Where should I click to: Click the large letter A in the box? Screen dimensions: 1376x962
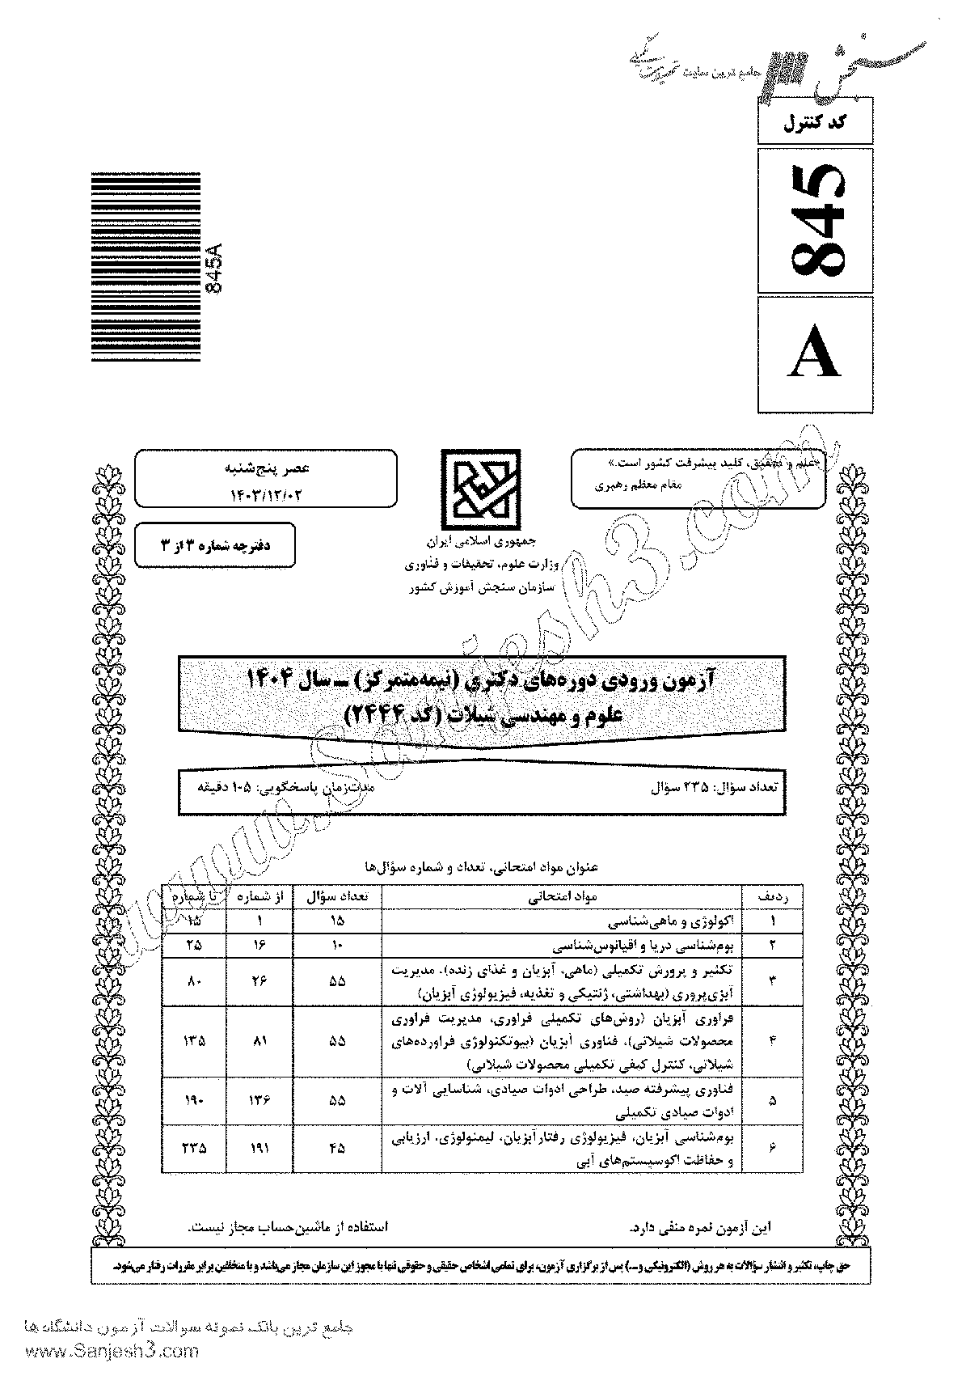[816, 354]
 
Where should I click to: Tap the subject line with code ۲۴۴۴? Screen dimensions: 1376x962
[480, 713]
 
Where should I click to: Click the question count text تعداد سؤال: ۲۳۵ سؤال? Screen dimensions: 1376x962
[718, 786]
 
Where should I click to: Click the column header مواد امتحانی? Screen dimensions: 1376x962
[563, 897]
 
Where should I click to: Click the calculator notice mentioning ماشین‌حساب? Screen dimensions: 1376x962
[288, 1226]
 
